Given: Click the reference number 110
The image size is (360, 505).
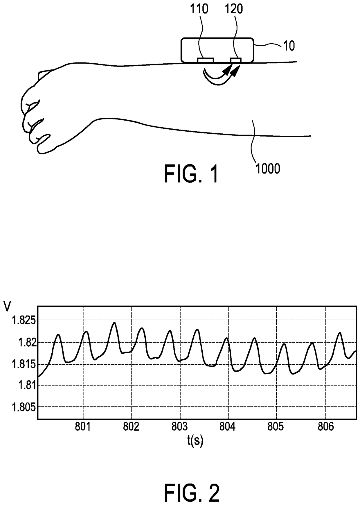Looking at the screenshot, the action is click(x=199, y=9).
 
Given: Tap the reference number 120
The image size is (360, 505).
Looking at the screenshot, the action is click(x=234, y=9).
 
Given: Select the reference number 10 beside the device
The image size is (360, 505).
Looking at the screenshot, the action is click(x=289, y=46).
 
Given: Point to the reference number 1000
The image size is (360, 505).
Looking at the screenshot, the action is click(x=268, y=169).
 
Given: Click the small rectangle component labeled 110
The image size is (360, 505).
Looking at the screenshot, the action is click(x=205, y=60).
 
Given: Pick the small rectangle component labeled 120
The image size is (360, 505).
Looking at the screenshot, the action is click(x=236, y=60).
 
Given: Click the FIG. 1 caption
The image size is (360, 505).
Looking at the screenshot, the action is click(x=191, y=174).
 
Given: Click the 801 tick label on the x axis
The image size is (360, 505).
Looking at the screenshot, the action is click(x=83, y=427).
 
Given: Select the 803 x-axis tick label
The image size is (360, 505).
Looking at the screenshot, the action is click(x=180, y=427).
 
